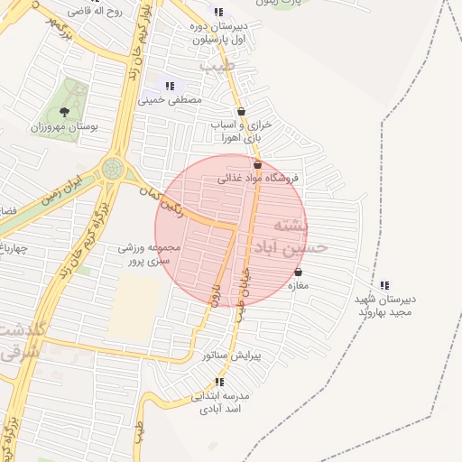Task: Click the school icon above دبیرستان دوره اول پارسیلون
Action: point(218,12)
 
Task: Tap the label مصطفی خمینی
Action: point(170,100)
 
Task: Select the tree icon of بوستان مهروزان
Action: point(64,113)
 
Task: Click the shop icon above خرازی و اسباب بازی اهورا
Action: point(241,112)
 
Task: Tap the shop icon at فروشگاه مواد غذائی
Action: point(258,165)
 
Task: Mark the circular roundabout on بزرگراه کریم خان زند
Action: point(113,168)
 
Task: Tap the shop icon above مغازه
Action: point(299,273)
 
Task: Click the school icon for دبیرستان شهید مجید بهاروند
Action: point(385,285)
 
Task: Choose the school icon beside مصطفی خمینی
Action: point(170,86)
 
